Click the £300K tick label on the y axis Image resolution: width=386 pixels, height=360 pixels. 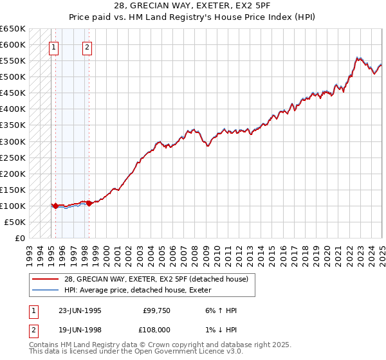coord(12,141)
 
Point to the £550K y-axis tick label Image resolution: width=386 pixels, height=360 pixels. coord(12,61)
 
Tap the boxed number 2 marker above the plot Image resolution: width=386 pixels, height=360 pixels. coord(87,46)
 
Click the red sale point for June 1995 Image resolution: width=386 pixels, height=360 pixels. coord(56,206)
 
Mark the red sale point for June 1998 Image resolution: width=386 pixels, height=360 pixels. coord(89,203)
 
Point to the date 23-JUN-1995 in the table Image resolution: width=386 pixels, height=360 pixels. coord(80,310)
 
